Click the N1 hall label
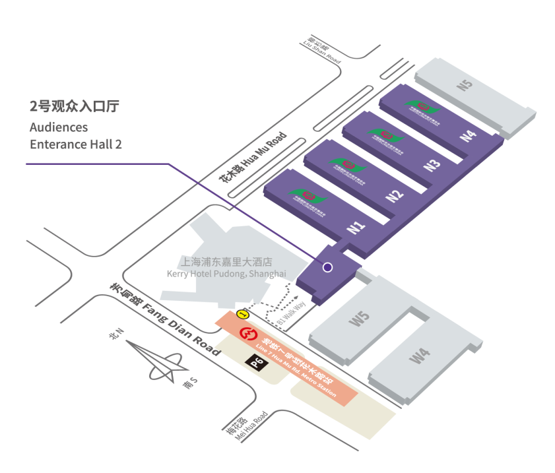[356, 228]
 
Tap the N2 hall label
[394, 196]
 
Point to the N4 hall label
[468, 136]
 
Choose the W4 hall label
[420, 357]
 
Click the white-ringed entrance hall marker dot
[327, 267]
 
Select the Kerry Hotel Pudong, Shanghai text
[226, 273]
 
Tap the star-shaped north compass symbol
[156, 360]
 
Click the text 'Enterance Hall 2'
[76, 143]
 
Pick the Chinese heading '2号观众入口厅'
[75, 106]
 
